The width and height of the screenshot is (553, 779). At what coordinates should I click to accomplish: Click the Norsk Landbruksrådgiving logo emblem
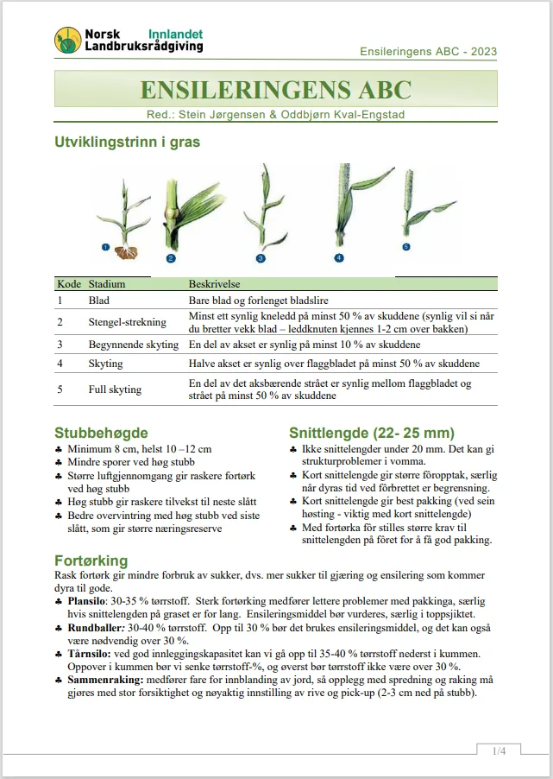pos(68,39)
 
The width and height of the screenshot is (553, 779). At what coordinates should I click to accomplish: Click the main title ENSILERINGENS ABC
pos(276,90)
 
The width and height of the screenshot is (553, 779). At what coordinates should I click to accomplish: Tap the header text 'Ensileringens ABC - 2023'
pos(428,52)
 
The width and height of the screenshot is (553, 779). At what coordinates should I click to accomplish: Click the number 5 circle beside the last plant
pos(406,247)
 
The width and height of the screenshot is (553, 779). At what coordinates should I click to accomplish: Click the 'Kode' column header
pos(68,284)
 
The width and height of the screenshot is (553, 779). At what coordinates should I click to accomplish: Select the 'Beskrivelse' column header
pos(214,284)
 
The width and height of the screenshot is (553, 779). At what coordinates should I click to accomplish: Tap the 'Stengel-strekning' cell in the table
pos(128,322)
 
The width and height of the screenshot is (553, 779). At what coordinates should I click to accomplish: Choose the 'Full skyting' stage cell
pos(115,389)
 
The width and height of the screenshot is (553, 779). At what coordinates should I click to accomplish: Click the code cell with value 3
pos(60,345)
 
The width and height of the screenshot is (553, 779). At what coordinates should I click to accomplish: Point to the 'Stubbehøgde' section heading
pos(101,433)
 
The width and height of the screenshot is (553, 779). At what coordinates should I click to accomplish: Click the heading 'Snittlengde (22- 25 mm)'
pos(372,433)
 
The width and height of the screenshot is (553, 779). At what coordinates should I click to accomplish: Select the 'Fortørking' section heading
pos(91,560)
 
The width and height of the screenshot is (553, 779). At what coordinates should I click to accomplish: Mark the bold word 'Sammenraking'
pos(103,681)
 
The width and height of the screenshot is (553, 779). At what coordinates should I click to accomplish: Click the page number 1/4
pos(499,751)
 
